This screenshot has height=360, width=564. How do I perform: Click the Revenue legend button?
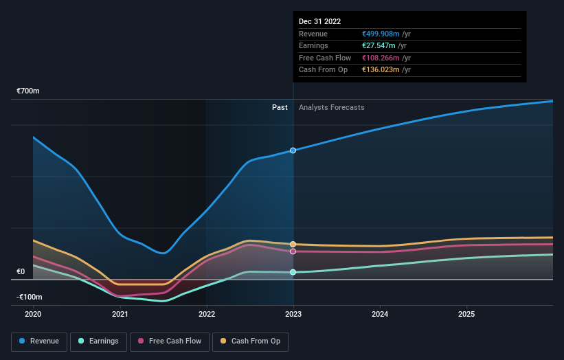(38, 341)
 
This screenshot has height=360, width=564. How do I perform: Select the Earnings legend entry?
(98, 341)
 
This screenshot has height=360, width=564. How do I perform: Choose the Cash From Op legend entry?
(250, 341)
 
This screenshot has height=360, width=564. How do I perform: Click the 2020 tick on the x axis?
(33, 314)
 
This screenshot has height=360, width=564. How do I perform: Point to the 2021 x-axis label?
(120, 314)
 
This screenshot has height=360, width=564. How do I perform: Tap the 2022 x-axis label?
(207, 314)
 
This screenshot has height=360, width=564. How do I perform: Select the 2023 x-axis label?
(293, 314)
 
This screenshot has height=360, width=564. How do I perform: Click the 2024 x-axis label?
(380, 314)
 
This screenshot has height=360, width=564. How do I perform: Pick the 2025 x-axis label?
(466, 314)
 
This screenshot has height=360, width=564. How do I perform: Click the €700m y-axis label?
(29, 91)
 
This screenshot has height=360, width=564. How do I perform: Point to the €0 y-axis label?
(21, 271)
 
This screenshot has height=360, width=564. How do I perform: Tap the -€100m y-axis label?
(30, 297)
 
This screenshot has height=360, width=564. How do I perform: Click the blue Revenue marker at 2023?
(293, 150)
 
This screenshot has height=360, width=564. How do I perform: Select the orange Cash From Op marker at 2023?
(293, 244)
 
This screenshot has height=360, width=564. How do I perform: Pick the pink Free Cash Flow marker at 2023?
(293, 251)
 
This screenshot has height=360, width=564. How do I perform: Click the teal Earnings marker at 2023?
(293, 272)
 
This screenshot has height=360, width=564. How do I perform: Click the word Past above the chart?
(280, 107)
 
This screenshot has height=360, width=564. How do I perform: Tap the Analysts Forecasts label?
(331, 107)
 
